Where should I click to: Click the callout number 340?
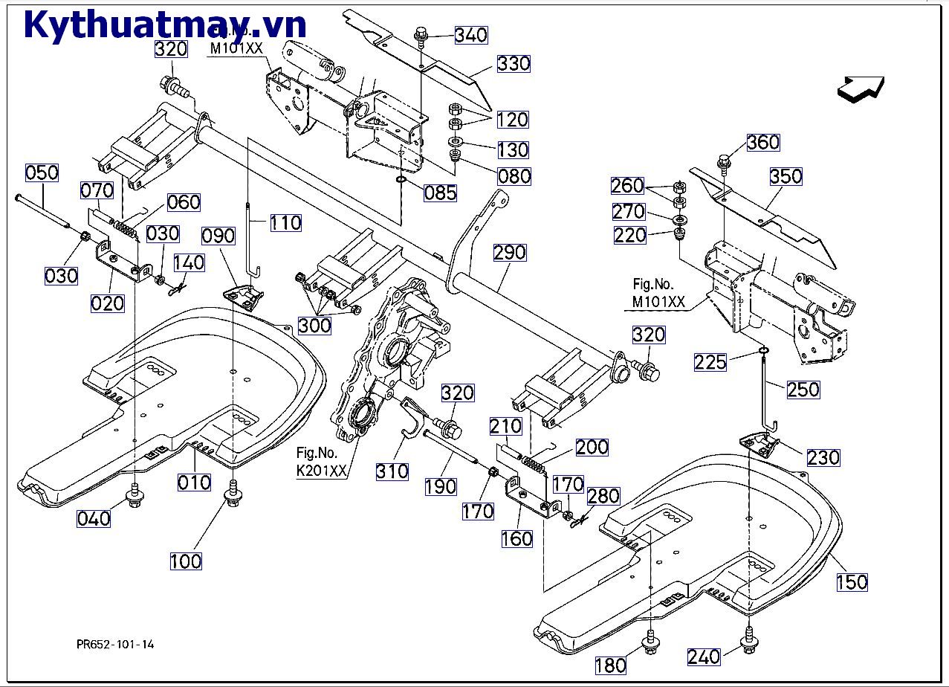tap(471, 35)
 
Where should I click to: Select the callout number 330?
tap(514, 63)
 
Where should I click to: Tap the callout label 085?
tap(440, 193)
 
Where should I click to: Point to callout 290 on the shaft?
tap(509, 252)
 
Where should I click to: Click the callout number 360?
tap(762, 142)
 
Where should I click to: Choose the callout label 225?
tap(711, 362)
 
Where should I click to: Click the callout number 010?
tap(194, 482)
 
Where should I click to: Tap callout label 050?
tap(42, 173)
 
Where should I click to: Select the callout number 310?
tap(392, 471)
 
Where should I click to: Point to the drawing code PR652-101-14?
tap(115, 645)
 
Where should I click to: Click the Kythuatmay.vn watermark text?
tap(165, 25)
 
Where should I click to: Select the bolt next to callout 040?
tap(135, 496)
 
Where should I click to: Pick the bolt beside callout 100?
tap(233, 491)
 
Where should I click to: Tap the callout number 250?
tap(803, 389)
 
